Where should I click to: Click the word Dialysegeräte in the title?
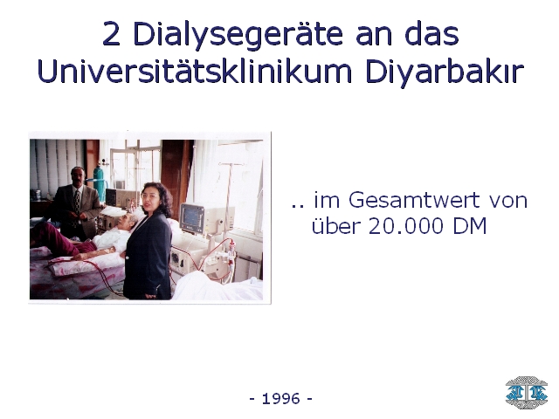pos(238,35)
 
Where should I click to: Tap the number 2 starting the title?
pos(111,34)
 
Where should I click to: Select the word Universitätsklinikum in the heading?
pos(195,72)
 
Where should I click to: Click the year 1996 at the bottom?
pos(281,398)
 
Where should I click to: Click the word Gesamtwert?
pos(414,200)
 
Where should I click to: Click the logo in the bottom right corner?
pos(526,392)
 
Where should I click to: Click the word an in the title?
pos(374,37)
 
